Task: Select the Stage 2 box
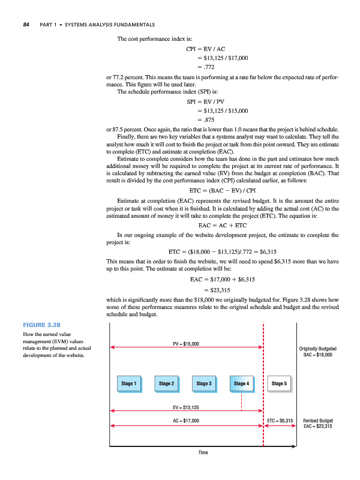pos(166,383)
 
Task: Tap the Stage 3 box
pos(203,383)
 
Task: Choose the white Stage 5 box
pos(280,383)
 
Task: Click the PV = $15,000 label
pos(186,343)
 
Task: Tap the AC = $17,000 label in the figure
pos(186,421)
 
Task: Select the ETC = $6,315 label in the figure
pos(280,421)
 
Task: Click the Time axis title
pos(202,452)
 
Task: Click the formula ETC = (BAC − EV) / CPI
pos(223,190)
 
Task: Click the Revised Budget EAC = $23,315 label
pos(318,424)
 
